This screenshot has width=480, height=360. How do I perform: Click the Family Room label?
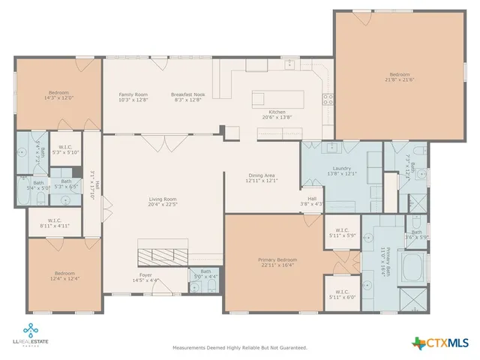click(133, 94)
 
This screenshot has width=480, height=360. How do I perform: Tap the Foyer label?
click(145, 275)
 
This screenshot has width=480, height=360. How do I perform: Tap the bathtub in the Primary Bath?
click(410, 266)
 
